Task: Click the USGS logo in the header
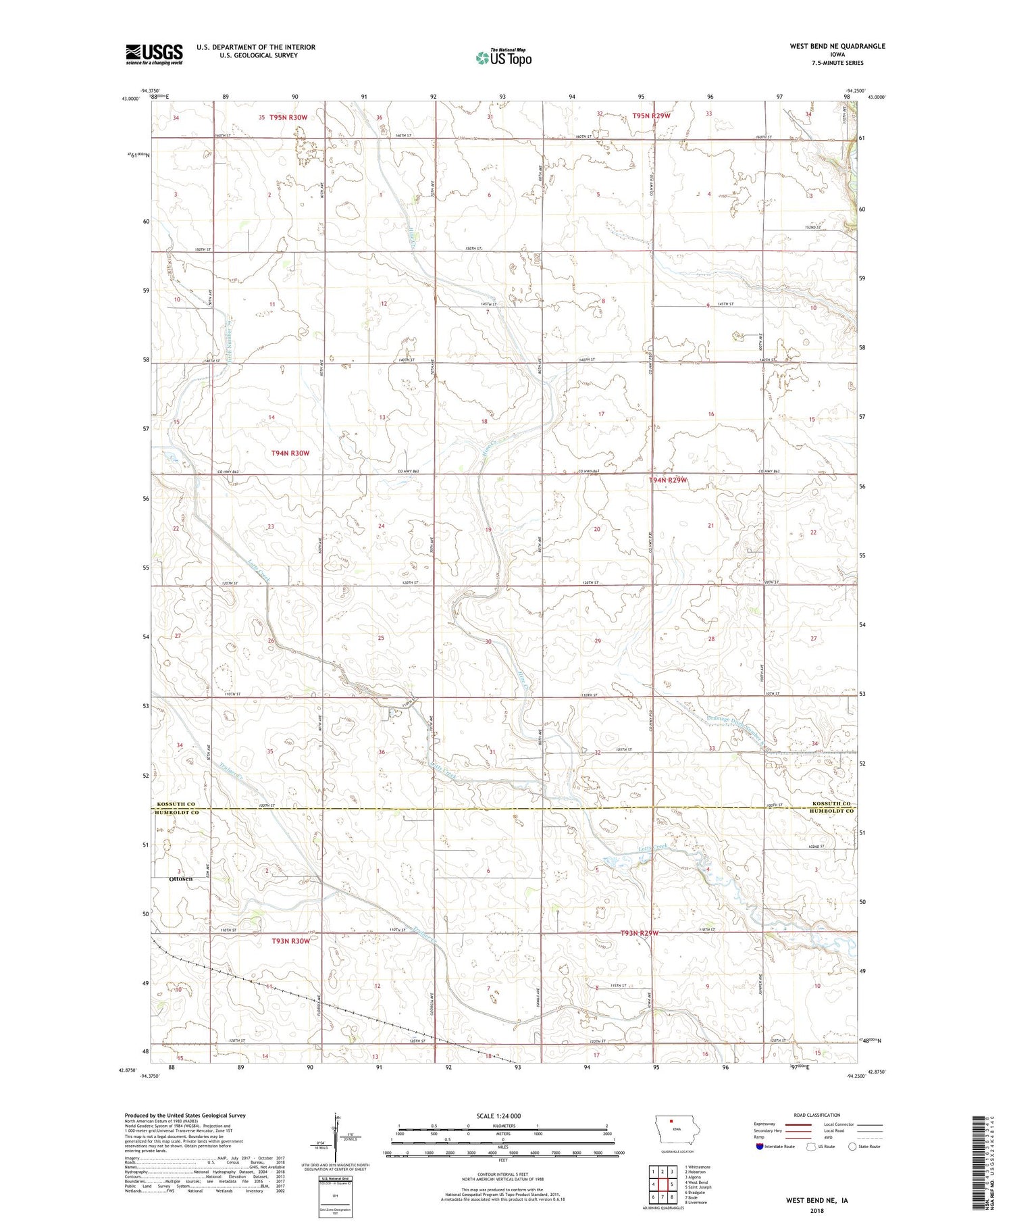[x=154, y=54]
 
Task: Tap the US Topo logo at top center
[x=503, y=57]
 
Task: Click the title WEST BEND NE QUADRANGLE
[x=837, y=46]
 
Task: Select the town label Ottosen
[x=180, y=878]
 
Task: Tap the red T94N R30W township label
[x=290, y=453]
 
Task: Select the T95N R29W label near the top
[x=651, y=116]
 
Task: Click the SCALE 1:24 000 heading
[x=502, y=1116]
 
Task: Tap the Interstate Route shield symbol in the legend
[x=759, y=1147]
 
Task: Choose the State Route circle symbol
[x=853, y=1146]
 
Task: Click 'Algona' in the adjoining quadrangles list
[x=696, y=1177]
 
